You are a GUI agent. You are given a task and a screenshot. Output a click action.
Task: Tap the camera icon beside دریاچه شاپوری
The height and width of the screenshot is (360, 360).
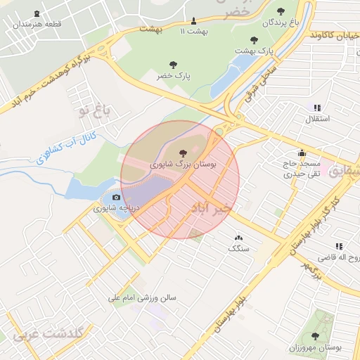pyautogui.click(x=117, y=198)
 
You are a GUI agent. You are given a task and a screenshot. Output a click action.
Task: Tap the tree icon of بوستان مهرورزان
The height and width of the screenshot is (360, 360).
pyautogui.click(x=315, y=336)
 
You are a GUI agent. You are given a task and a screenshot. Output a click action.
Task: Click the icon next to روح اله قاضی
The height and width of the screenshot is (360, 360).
pyautogui.click(x=338, y=247)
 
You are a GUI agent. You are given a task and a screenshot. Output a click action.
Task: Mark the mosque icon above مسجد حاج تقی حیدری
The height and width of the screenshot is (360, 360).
pyautogui.click(x=302, y=153)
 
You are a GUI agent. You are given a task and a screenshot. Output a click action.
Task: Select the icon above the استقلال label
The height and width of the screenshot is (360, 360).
pyautogui.click(x=316, y=108)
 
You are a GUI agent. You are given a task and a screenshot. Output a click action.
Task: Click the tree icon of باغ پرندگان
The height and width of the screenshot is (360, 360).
pyautogui.click(x=281, y=11)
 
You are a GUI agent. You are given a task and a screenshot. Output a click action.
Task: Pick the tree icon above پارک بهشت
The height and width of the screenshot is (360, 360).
pyautogui.click(x=254, y=40)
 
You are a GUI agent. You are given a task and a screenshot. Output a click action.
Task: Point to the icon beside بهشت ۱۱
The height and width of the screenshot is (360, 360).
pyautogui.click(x=194, y=20)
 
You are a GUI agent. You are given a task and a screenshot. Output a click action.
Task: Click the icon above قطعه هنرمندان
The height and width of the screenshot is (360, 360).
pyautogui.click(x=37, y=14)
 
